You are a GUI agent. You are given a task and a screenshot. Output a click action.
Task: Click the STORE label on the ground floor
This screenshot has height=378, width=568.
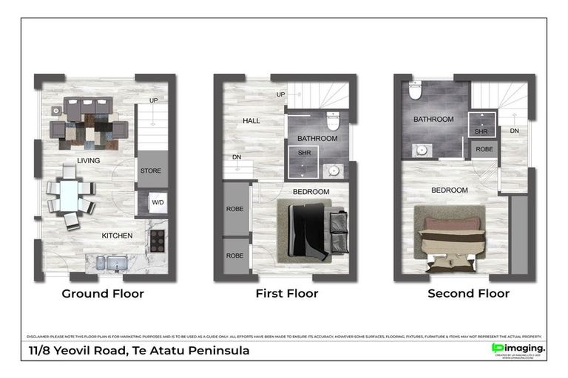coord(150,171)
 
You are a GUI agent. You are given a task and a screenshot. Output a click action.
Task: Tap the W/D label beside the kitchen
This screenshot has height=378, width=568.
coord(158,202)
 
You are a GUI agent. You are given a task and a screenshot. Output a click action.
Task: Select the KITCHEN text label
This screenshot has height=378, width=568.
coord(118,236)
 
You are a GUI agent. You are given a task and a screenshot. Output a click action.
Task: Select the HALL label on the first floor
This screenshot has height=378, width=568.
coord(251,121)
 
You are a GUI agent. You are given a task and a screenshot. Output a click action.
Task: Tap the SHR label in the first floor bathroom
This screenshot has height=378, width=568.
coord(303,152)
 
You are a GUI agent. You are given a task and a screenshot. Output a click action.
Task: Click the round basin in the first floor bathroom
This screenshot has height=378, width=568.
coord(334,171)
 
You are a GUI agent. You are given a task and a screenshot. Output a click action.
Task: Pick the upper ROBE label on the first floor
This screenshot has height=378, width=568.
coord(235,209)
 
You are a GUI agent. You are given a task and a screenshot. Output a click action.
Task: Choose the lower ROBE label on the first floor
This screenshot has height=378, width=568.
coord(235,255)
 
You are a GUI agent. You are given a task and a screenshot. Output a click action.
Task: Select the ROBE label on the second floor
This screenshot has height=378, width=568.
coord(484,148)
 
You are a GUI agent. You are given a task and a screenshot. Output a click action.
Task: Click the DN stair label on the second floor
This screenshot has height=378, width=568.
coord(515,131)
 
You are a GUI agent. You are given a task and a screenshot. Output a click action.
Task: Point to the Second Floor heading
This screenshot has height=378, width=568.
coord(468,294)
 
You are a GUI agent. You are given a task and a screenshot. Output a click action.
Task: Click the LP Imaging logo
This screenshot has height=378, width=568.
coord(518,348)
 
